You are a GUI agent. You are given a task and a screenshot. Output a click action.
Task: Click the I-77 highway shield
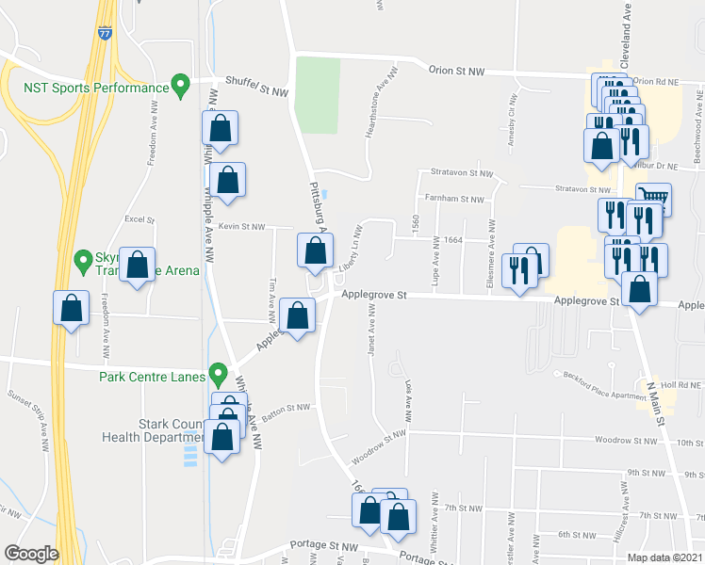click(x=104, y=32)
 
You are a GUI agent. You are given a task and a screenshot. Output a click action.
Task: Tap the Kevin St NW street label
click(x=241, y=227)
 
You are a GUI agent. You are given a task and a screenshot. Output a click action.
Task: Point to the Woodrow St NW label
click(x=378, y=445)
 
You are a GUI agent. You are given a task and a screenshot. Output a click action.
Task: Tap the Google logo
click(x=31, y=554)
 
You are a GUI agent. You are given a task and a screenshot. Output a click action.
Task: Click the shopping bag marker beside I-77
click(x=71, y=308)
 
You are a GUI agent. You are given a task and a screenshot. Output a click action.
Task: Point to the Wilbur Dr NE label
click(x=671, y=163)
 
